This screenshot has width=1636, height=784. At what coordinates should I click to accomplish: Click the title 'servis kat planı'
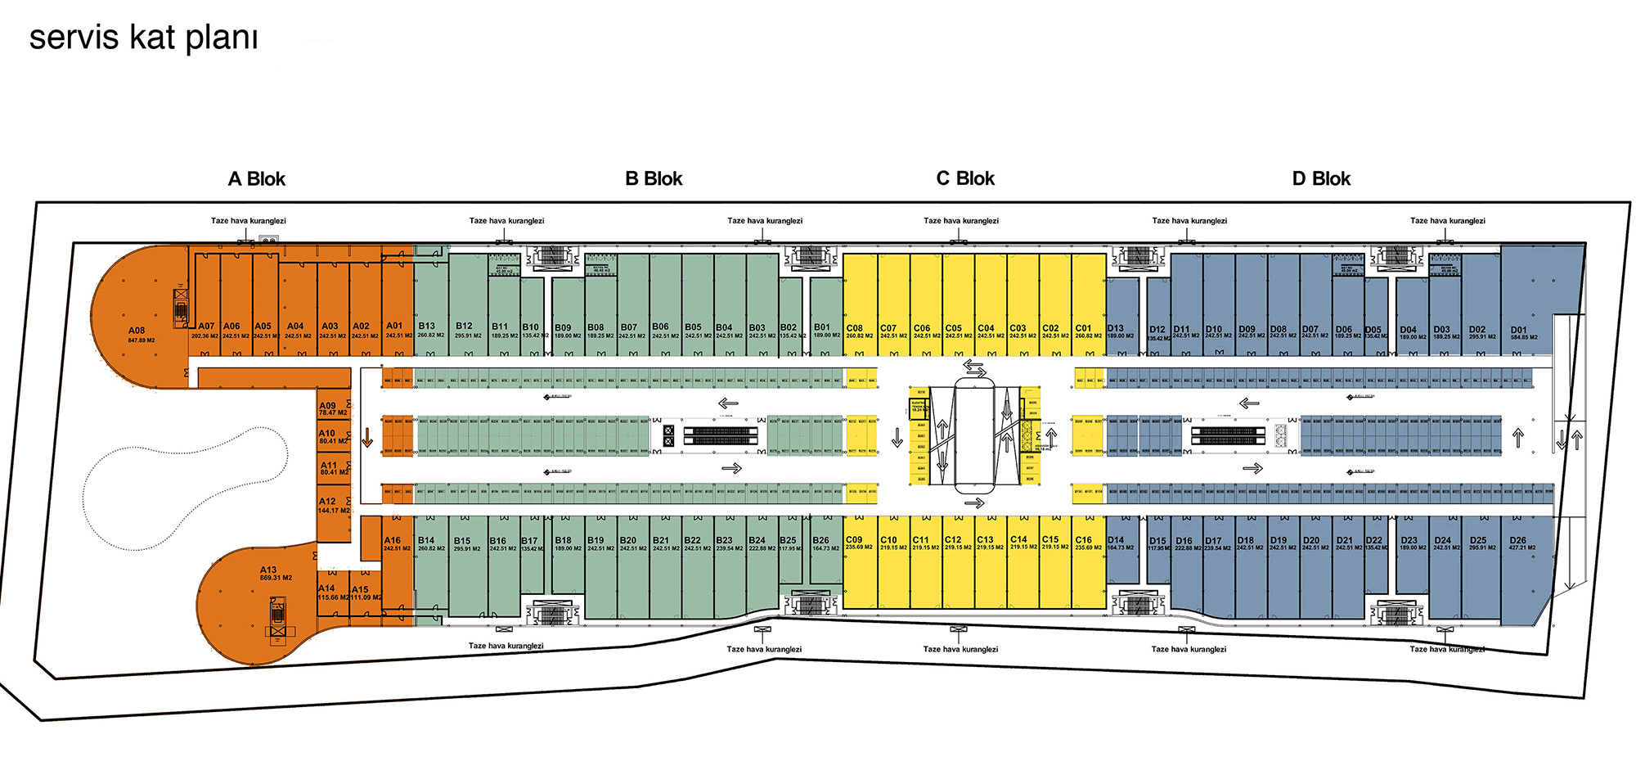(x=143, y=38)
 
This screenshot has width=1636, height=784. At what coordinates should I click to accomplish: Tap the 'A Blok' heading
(x=256, y=179)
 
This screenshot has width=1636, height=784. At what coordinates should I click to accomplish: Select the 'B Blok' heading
(x=654, y=179)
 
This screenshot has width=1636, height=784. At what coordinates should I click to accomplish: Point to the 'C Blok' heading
(x=965, y=179)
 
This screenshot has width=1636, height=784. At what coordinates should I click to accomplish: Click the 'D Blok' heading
(x=1321, y=179)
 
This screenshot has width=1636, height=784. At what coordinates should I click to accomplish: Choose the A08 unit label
(x=137, y=331)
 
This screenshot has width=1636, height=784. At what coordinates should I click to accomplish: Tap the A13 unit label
(x=268, y=570)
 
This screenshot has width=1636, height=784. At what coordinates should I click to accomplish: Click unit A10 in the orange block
(x=327, y=434)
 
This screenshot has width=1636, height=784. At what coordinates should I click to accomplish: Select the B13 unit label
(x=427, y=326)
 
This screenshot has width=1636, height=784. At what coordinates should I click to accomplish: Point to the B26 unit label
(x=821, y=541)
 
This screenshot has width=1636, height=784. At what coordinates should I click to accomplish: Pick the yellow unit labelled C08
(x=855, y=328)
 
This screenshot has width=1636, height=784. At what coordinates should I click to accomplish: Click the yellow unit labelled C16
(x=1084, y=540)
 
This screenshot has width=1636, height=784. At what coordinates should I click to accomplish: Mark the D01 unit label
(x=1519, y=331)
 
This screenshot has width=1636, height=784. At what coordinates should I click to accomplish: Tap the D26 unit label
(x=1518, y=541)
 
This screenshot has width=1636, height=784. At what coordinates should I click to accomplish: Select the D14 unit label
(x=1116, y=540)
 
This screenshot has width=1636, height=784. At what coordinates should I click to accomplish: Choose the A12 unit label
(x=327, y=502)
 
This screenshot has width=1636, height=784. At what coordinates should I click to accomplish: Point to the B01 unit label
(x=822, y=327)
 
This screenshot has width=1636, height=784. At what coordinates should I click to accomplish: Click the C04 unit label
(x=987, y=328)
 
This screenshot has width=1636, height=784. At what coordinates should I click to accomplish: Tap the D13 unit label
(x=1116, y=328)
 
